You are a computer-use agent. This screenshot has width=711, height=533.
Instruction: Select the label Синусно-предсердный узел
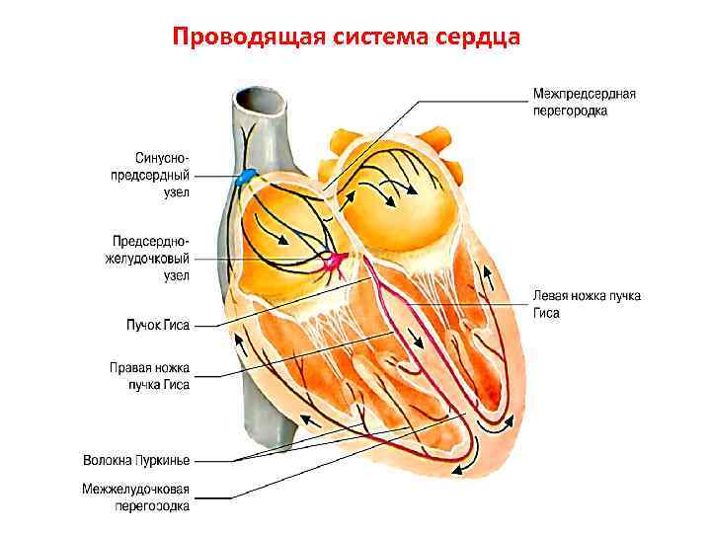163,175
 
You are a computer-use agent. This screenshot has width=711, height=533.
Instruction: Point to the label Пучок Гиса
157,323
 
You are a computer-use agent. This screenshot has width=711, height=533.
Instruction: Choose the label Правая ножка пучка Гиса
149,376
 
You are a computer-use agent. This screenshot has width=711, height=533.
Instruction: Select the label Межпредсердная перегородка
584,103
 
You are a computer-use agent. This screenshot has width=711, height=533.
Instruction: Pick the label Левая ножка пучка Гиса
587,303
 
